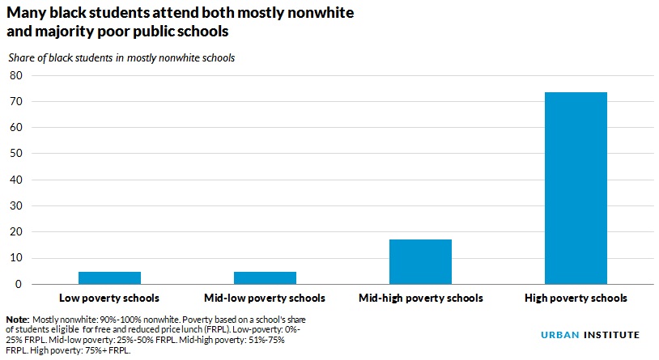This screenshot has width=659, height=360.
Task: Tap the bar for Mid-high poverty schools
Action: click(420, 262)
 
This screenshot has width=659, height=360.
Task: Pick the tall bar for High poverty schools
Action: click(576, 188)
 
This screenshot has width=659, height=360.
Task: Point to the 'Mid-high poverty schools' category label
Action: click(420, 299)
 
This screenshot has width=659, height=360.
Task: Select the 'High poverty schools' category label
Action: click(576, 299)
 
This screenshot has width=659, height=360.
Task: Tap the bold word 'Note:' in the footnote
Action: click(18, 320)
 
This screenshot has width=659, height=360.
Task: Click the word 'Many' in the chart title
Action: click(28, 14)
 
